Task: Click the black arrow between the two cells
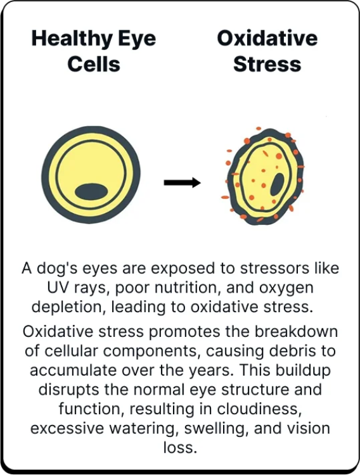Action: coord(183,182)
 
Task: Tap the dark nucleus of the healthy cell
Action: coord(91,192)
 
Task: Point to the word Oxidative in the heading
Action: coord(267,38)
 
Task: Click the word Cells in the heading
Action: coord(94,64)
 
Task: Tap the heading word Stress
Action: coord(267,64)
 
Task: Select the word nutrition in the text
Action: coord(187,288)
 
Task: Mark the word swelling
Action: coord(217,429)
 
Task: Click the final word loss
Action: coord(180,448)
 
